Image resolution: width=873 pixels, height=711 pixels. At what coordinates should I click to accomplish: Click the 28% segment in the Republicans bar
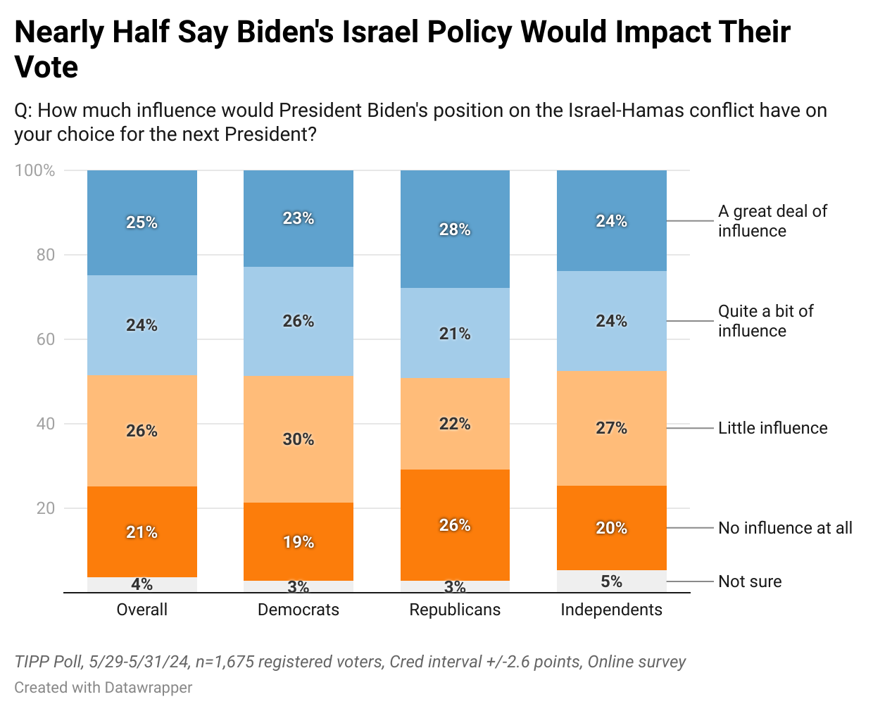point(455,229)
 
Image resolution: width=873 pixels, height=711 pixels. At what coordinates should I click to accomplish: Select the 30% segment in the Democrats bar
point(299,439)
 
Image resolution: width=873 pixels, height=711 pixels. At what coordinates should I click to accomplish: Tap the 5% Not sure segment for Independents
point(611,581)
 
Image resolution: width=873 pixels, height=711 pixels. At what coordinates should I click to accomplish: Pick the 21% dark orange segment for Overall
point(142,532)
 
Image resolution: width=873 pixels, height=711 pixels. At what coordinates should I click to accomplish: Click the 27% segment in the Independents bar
point(611,428)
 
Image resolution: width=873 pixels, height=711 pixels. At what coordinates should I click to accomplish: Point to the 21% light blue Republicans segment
point(455,333)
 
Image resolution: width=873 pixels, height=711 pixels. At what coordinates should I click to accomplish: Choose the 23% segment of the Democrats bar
point(299,218)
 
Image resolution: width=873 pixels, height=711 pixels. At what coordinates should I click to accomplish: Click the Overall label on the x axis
point(142,610)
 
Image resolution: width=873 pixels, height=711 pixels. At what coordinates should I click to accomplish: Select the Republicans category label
point(455,610)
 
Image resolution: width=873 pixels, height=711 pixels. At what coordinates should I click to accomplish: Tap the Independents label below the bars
point(611,610)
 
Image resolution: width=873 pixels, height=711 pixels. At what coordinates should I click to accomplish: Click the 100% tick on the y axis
point(35,170)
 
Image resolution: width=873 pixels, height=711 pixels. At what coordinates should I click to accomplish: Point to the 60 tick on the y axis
point(46,339)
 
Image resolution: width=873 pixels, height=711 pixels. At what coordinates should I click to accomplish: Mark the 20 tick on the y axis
point(46,508)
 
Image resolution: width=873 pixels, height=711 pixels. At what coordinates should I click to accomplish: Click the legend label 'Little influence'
point(772,428)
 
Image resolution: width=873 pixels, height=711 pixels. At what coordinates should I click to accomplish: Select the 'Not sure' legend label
point(750,581)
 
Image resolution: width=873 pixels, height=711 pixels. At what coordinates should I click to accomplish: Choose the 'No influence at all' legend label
point(785,528)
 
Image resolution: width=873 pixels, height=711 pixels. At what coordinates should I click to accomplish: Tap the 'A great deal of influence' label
point(772,221)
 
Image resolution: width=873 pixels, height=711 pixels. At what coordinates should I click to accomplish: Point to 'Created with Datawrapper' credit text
point(103,687)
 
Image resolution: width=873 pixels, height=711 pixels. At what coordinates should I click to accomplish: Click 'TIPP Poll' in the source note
point(47,662)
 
